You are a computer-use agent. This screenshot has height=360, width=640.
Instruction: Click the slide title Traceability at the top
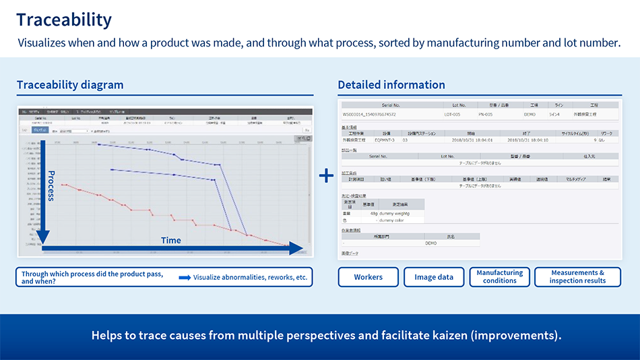point(64,20)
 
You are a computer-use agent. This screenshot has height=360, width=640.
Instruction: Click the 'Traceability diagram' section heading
point(70,85)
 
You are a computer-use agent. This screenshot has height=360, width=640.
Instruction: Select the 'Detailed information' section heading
point(391,85)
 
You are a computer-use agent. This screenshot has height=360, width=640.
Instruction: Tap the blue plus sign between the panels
point(326,175)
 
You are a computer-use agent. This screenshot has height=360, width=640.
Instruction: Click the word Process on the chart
point(51,185)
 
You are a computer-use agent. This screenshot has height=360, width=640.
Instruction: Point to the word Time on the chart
point(170,240)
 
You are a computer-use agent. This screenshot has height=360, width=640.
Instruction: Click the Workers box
point(368,277)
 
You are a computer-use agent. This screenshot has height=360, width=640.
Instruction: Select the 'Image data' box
point(434,277)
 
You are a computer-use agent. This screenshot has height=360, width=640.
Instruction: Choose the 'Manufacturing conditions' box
point(499,277)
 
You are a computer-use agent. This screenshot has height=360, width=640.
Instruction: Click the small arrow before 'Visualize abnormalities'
point(185,277)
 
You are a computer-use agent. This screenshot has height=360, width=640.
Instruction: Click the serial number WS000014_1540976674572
point(369,115)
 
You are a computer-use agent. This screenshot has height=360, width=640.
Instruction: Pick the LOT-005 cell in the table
point(452,115)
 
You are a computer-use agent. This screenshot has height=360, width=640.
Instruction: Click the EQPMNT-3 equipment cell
point(386,140)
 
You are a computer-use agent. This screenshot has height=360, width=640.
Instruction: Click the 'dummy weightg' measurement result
point(393,214)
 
